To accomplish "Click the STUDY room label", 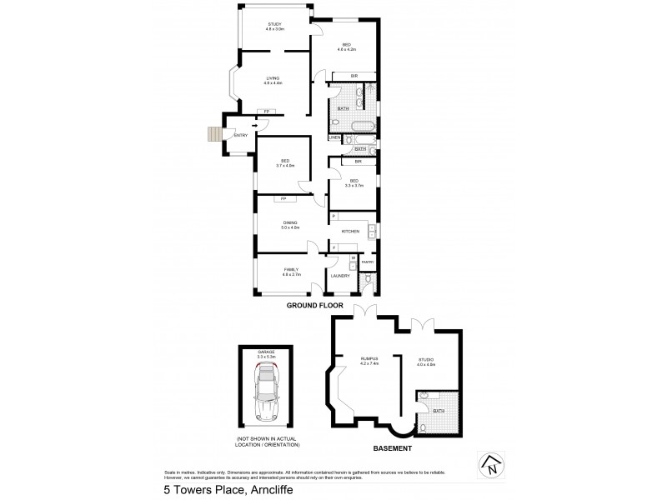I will point(275,25).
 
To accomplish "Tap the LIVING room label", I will point(273,78).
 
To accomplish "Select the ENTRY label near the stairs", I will point(241,135).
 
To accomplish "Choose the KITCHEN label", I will point(350,230).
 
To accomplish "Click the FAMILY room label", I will point(290,270).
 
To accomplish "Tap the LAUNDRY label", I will point(339,275).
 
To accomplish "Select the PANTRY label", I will point(367,262).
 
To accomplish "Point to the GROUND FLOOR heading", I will point(315,306).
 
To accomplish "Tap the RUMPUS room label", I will point(369,360).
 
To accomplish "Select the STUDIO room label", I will point(425,359).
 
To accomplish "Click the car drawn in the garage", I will point(268,397).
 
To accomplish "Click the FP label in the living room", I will point(267,112).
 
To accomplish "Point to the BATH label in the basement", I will point(439,411).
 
